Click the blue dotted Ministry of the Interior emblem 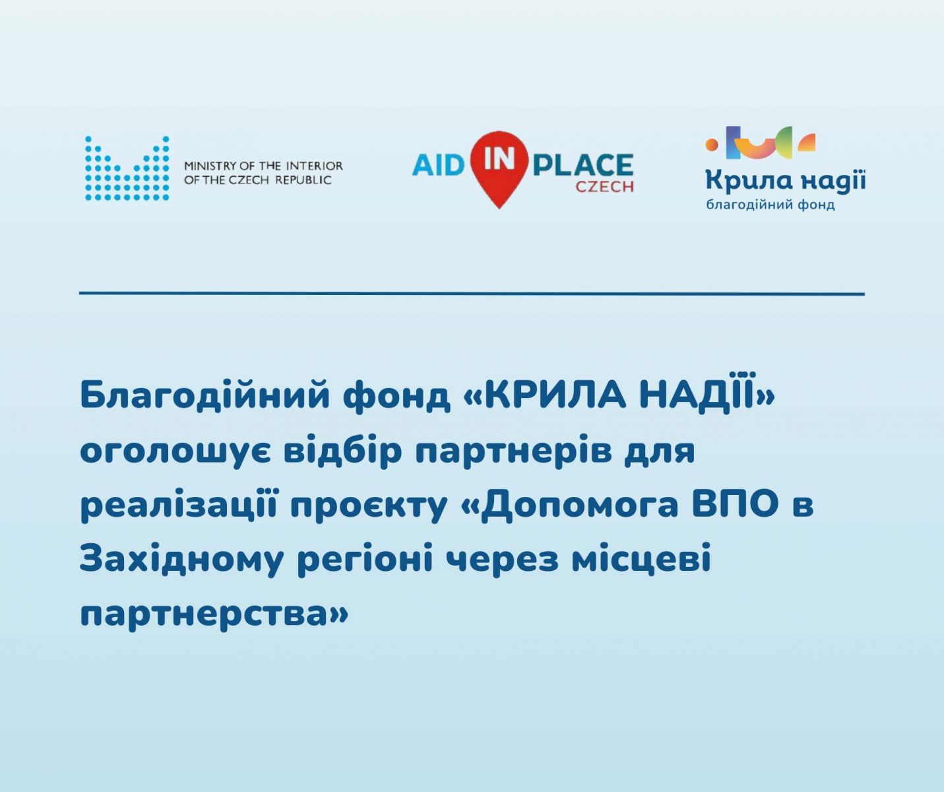(127, 168)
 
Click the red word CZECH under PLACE (604, 186)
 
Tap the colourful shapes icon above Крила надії (761, 143)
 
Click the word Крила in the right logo (749, 180)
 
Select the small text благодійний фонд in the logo (771, 205)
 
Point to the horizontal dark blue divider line (472, 294)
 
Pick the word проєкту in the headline (369, 506)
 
